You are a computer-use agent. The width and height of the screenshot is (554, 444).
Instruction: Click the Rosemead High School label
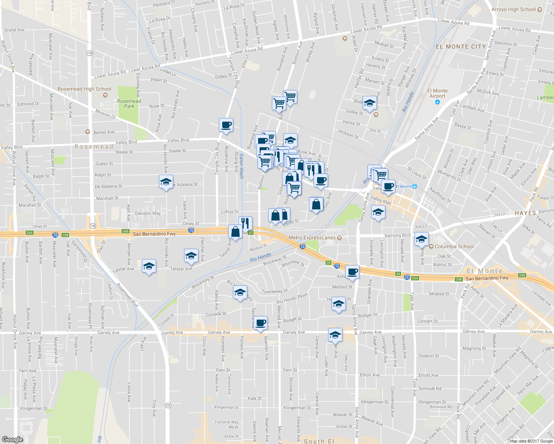click(x=84, y=89)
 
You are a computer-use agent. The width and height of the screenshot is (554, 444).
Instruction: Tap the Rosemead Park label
click(x=129, y=104)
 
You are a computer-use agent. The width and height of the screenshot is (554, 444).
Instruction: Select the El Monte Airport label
click(x=437, y=93)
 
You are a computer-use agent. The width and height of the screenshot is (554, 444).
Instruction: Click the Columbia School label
click(x=454, y=246)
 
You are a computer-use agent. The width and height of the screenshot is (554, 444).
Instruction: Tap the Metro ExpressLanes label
click(x=312, y=238)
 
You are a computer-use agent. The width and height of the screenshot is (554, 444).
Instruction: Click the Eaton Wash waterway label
click(x=241, y=166)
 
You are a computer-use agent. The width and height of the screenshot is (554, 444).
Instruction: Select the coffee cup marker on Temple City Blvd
click(x=226, y=125)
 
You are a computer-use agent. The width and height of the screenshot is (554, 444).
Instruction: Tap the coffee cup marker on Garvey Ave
click(x=261, y=323)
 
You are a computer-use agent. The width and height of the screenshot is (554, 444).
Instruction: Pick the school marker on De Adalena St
click(x=166, y=182)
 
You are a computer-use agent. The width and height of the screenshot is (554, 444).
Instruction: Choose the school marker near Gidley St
click(x=370, y=104)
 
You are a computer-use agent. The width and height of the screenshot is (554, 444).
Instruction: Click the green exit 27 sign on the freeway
click(x=251, y=233)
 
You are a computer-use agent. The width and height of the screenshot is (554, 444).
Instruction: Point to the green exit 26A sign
click(x=30, y=233)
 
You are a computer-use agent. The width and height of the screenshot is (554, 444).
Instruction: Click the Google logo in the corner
click(x=13, y=439)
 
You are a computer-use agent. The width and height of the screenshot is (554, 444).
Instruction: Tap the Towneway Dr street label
click(x=274, y=292)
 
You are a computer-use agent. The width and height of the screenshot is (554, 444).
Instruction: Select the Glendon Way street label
click(x=148, y=213)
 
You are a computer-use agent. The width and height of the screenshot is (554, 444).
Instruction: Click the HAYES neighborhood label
click(x=525, y=213)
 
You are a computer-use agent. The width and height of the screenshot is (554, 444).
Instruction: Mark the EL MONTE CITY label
click(x=461, y=47)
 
